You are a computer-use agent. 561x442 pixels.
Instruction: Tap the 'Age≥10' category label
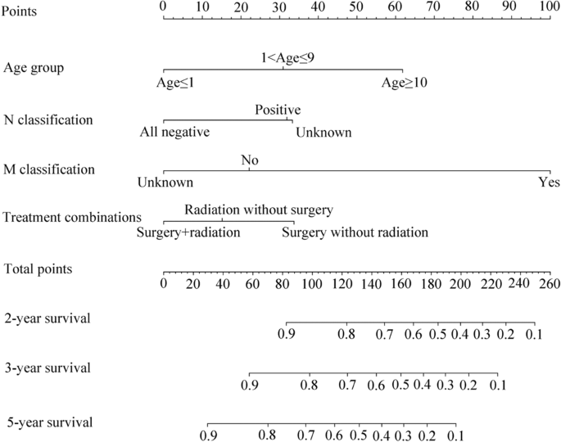click(x=404, y=83)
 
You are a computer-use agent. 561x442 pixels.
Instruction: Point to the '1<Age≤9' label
click(x=283, y=58)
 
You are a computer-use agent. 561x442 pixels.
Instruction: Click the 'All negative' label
click(x=174, y=132)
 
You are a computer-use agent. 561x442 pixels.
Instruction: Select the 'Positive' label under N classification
click(x=278, y=110)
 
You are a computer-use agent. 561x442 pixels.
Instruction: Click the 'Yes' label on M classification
click(x=549, y=182)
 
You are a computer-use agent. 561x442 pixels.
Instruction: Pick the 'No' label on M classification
click(x=249, y=160)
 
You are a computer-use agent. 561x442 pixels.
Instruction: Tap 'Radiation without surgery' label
click(x=259, y=210)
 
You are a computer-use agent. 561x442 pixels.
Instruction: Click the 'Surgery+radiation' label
click(x=188, y=232)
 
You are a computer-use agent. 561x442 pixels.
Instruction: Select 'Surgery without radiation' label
click(x=355, y=232)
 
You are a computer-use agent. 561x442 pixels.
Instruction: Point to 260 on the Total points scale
click(x=549, y=284)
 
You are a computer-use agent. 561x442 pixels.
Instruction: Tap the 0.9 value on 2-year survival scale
click(x=287, y=335)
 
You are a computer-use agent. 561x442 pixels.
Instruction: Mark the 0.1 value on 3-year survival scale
click(x=497, y=385)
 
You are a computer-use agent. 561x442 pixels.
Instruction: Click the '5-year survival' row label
click(x=48, y=422)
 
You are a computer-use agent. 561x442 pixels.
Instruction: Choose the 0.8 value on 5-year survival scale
click(x=266, y=435)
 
